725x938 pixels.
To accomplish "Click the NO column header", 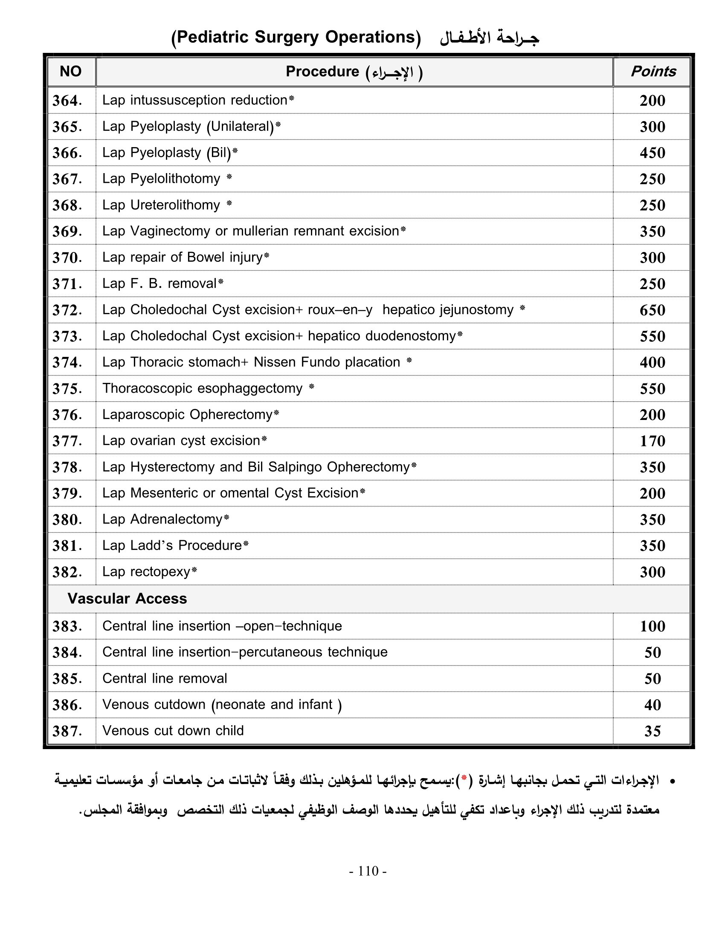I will coord(70,71).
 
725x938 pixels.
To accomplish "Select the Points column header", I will coord(653,71).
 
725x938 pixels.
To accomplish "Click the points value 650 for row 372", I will coord(652,310).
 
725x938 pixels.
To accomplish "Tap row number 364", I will coord(67,101).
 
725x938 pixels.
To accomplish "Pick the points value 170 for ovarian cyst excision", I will coord(652,441).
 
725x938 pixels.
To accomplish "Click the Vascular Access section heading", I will coord(127,599).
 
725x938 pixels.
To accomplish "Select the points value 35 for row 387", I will coord(652,731).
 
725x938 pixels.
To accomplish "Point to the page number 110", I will coord(368,871).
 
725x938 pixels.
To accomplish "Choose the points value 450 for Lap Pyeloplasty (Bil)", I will coord(652,153).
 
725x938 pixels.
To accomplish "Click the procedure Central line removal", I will coord(165,679).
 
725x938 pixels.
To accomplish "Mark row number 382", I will coord(67,572).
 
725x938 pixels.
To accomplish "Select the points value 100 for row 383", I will coord(652,626).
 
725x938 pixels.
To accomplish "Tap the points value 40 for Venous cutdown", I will coord(652,705).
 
